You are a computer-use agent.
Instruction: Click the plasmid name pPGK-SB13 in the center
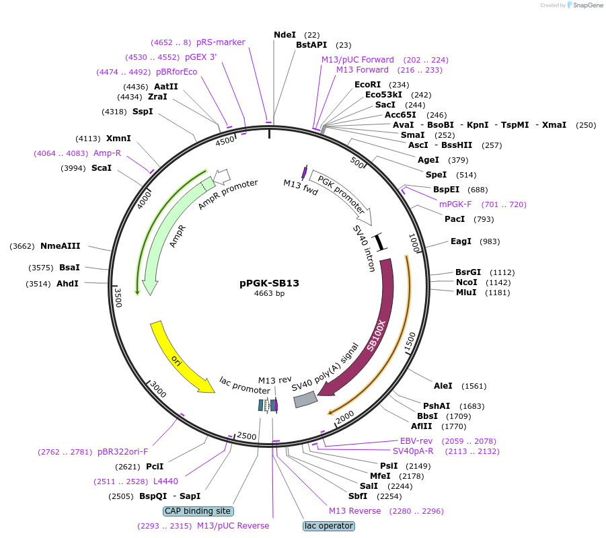pyautogui.click(x=269, y=283)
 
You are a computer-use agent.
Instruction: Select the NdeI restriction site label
pyautogui.click(x=285, y=34)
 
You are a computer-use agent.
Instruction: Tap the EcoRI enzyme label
pyautogui.click(x=368, y=84)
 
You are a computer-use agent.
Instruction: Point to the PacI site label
pyautogui.click(x=455, y=219)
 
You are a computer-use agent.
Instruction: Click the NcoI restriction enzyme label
pyautogui.click(x=466, y=282)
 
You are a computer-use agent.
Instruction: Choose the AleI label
pyautogui.click(x=443, y=386)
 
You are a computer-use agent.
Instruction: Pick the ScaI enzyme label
pyautogui.click(x=102, y=167)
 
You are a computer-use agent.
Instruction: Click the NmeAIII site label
pyautogui.click(x=60, y=246)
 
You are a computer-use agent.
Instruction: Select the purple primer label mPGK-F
pyautogui.click(x=455, y=204)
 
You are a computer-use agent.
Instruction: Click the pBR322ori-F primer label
pyautogui.click(x=122, y=452)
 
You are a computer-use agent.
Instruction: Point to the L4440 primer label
pyautogui.click(x=165, y=482)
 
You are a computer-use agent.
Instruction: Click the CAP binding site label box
pyautogui.click(x=198, y=511)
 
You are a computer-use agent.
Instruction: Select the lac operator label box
pyautogui.click(x=328, y=526)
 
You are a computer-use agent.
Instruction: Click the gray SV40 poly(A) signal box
pyautogui.click(x=305, y=400)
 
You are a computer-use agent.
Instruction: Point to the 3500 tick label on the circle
pyautogui.click(x=118, y=297)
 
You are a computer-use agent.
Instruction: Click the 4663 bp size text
pyautogui.click(x=269, y=294)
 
